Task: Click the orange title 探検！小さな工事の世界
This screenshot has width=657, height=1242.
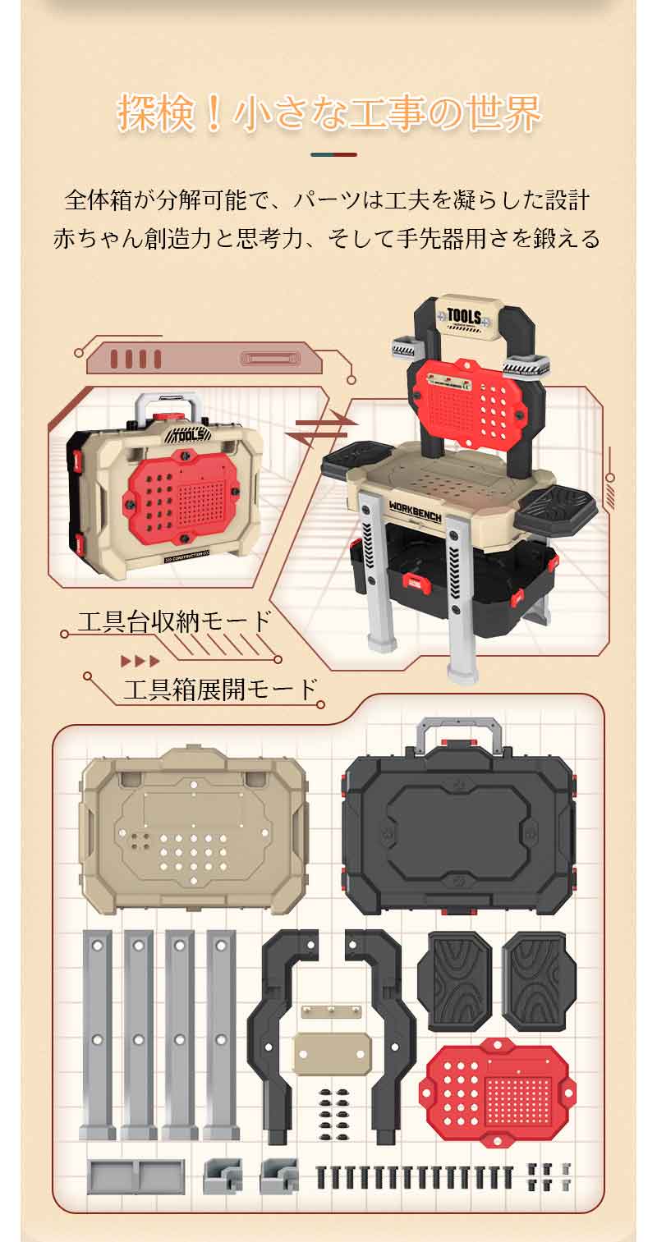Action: pyautogui.click(x=329, y=113)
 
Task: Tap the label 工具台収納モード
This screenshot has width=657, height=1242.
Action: pyautogui.click(x=175, y=621)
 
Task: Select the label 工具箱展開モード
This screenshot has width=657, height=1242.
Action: pyautogui.click(x=220, y=690)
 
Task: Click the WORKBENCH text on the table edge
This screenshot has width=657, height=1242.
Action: pyautogui.click(x=415, y=511)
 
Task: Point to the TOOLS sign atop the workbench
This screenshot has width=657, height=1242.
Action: pyautogui.click(x=465, y=318)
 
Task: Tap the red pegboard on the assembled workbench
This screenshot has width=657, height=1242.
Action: pyautogui.click(x=468, y=404)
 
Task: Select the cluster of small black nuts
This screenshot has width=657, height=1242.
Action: pyautogui.click(x=333, y=1109)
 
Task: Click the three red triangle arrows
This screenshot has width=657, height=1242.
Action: pyautogui.click(x=140, y=661)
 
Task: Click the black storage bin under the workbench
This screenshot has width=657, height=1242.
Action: pyautogui.click(x=453, y=582)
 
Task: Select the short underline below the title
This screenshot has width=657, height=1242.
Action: pyautogui.click(x=333, y=154)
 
